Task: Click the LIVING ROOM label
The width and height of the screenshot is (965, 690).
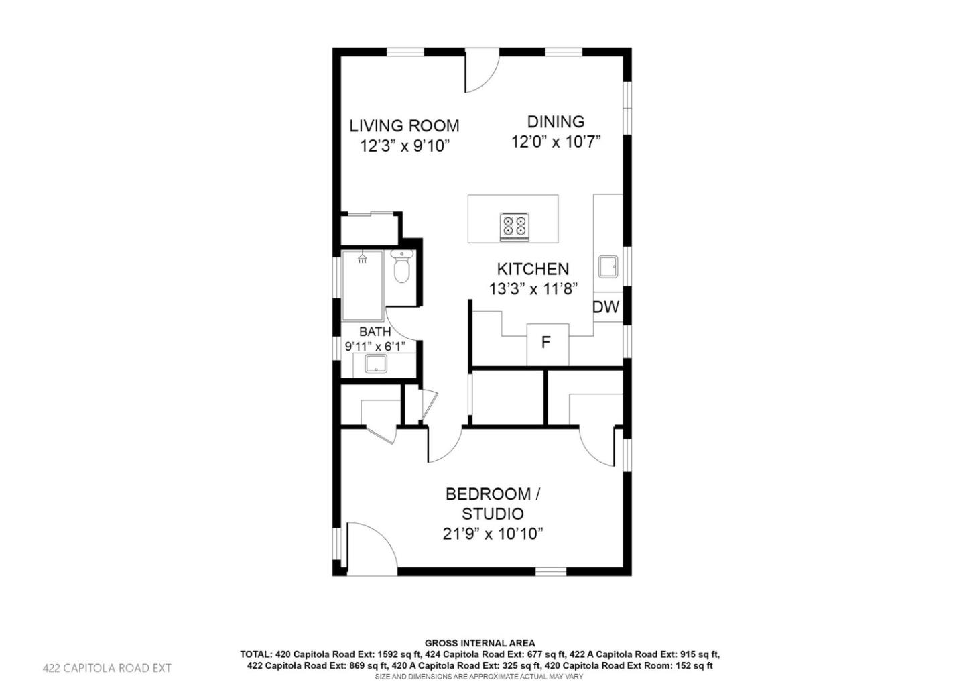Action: pyautogui.click(x=405, y=125)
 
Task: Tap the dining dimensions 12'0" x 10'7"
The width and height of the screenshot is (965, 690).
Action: pyautogui.click(x=556, y=141)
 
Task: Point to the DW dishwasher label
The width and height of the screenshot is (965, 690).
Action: pyautogui.click(x=606, y=308)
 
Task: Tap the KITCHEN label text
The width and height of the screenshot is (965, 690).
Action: pyautogui.click(x=533, y=269)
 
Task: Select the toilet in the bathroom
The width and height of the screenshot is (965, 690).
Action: pyautogui.click(x=401, y=268)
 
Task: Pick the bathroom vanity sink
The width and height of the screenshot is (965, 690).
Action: pyautogui.click(x=375, y=365)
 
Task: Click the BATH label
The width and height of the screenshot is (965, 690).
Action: pyautogui.click(x=375, y=331)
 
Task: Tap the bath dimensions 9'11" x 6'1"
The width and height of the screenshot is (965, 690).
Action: pyautogui.click(x=375, y=347)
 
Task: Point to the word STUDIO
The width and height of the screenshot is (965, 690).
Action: pyautogui.click(x=493, y=514)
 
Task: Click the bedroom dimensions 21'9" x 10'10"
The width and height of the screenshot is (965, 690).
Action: pyautogui.click(x=493, y=534)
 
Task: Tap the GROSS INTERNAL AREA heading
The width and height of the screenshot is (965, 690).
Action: pyautogui.click(x=480, y=644)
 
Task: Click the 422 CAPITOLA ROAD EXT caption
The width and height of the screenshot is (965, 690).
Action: pyautogui.click(x=107, y=668)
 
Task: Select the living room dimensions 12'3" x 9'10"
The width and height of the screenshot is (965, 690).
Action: pyautogui.click(x=405, y=146)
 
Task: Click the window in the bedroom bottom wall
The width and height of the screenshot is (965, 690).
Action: pyautogui.click(x=551, y=571)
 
